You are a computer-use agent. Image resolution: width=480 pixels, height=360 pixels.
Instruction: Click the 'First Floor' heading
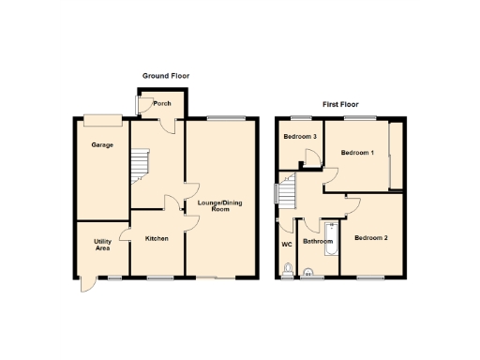340,104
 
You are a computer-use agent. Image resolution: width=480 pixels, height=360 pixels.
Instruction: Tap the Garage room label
101,145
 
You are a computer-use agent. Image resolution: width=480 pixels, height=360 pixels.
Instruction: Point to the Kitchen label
157,239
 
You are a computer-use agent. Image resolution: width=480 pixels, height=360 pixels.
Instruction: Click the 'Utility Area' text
102,245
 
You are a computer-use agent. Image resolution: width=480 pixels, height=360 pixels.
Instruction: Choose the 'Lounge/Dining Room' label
220,205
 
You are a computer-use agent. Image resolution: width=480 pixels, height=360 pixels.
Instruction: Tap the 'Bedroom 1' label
357,152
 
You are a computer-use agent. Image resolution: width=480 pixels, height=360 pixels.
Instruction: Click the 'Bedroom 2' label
370,237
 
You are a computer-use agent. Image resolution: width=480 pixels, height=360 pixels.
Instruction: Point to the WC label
287,244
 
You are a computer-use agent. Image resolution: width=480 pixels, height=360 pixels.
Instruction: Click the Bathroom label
318,242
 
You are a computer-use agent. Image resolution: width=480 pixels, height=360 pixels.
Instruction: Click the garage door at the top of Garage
101,118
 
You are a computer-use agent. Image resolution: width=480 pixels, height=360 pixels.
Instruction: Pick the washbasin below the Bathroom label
307,274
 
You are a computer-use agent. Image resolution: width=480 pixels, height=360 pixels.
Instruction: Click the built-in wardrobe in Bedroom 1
397,156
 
